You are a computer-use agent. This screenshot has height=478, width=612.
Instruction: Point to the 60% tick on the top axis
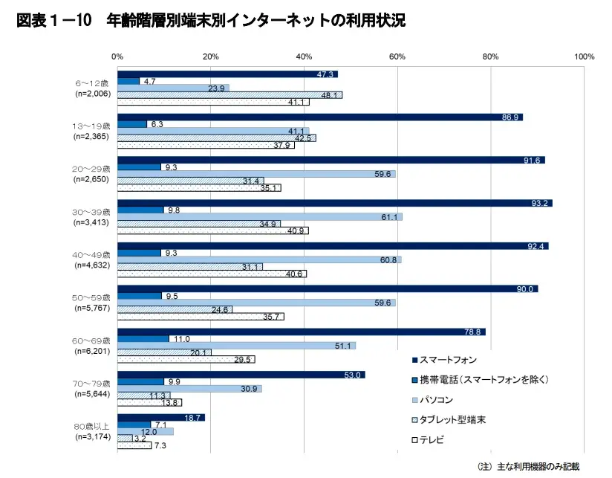point(397,56)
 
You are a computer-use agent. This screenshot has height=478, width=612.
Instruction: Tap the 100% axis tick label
point(584,56)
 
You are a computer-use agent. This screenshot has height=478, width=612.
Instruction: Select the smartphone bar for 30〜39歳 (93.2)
point(334,203)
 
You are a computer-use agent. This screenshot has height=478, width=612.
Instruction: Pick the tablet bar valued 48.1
point(229,95)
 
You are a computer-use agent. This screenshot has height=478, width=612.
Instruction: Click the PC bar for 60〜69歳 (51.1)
point(236,346)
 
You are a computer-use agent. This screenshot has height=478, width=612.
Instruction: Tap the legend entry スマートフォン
point(448,360)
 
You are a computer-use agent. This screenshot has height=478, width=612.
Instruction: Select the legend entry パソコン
point(441,400)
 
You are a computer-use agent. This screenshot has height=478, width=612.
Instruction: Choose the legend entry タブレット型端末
point(452,420)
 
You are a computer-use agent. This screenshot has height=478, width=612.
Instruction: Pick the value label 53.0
point(352,375)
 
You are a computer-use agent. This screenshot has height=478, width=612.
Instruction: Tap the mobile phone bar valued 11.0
point(143,338)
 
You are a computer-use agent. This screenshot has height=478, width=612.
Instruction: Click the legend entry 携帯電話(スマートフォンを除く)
point(484,380)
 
